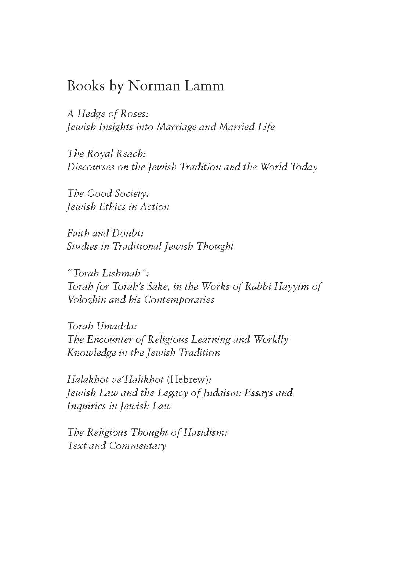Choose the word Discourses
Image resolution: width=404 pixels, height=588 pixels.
pos(90,167)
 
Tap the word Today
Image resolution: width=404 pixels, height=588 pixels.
pos(304,167)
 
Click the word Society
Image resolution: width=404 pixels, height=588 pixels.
pos(132,194)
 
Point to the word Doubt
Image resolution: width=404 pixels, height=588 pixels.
pos(128,233)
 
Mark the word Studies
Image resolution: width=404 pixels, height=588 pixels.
pos(82,247)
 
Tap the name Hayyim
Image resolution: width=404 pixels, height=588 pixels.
pos(292,287)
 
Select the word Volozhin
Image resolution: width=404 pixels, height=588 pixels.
pos(86,300)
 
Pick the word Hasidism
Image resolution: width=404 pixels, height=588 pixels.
pos(205,432)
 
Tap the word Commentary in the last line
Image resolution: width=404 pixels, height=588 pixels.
pos(138,446)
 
